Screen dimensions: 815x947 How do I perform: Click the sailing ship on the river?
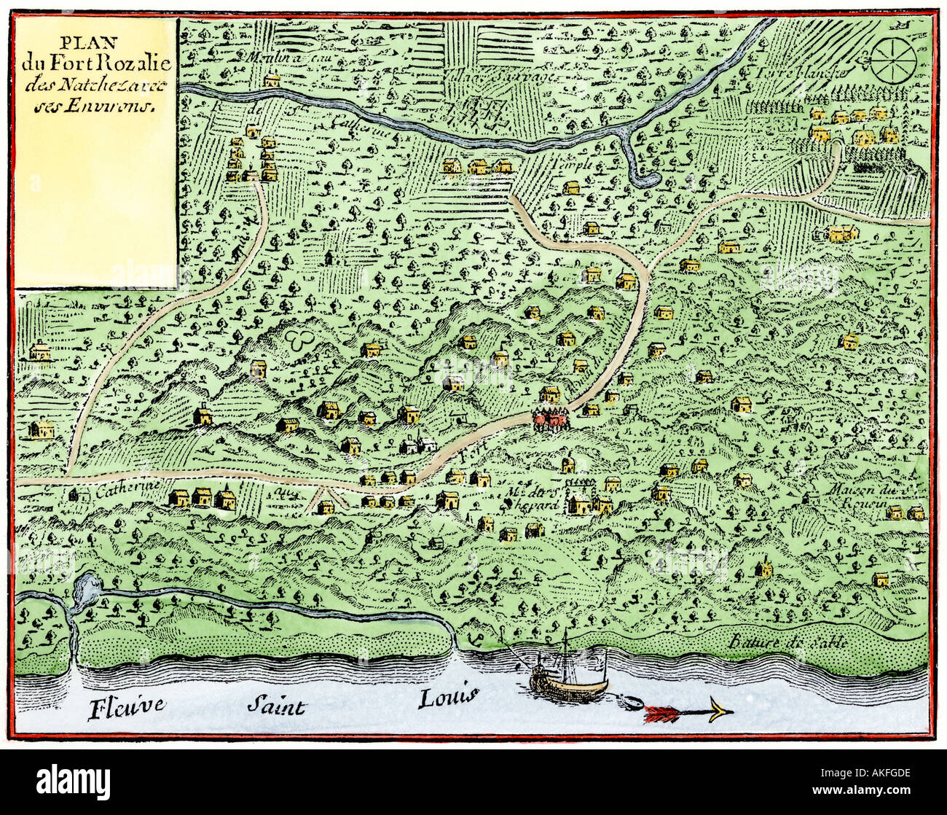pyautogui.click(x=567, y=671)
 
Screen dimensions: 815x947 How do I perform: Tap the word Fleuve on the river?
pyautogui.click(x=127, y=707)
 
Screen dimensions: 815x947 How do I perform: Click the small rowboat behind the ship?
pyautogui.click(x=629, y=703)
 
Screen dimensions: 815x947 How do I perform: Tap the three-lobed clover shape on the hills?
pyautogui.click(x=297, y=339)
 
